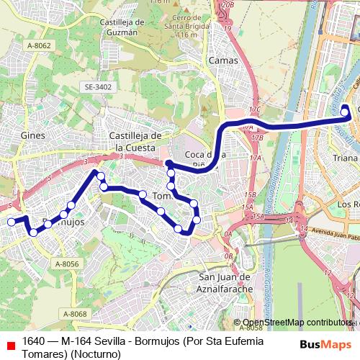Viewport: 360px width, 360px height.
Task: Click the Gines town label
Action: tap(33, 135)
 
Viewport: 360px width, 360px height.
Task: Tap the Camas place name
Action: tap(222, 60)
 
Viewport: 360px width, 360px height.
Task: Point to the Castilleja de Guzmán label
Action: tap(124, 27)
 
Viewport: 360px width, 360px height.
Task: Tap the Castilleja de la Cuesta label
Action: tap(139, 141)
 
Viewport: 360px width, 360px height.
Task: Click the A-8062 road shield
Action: tap(39, 45)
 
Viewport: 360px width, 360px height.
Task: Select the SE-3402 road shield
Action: tap(98, 87)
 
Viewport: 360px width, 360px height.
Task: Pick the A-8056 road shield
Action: tap(67, 264)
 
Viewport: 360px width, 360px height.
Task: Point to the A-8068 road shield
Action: tap(74, 313)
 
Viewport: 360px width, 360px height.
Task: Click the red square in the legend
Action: tap(9, 345)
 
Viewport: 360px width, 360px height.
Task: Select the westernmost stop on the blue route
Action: tap(11, 222)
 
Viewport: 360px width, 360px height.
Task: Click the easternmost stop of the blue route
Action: tap(346, 109)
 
